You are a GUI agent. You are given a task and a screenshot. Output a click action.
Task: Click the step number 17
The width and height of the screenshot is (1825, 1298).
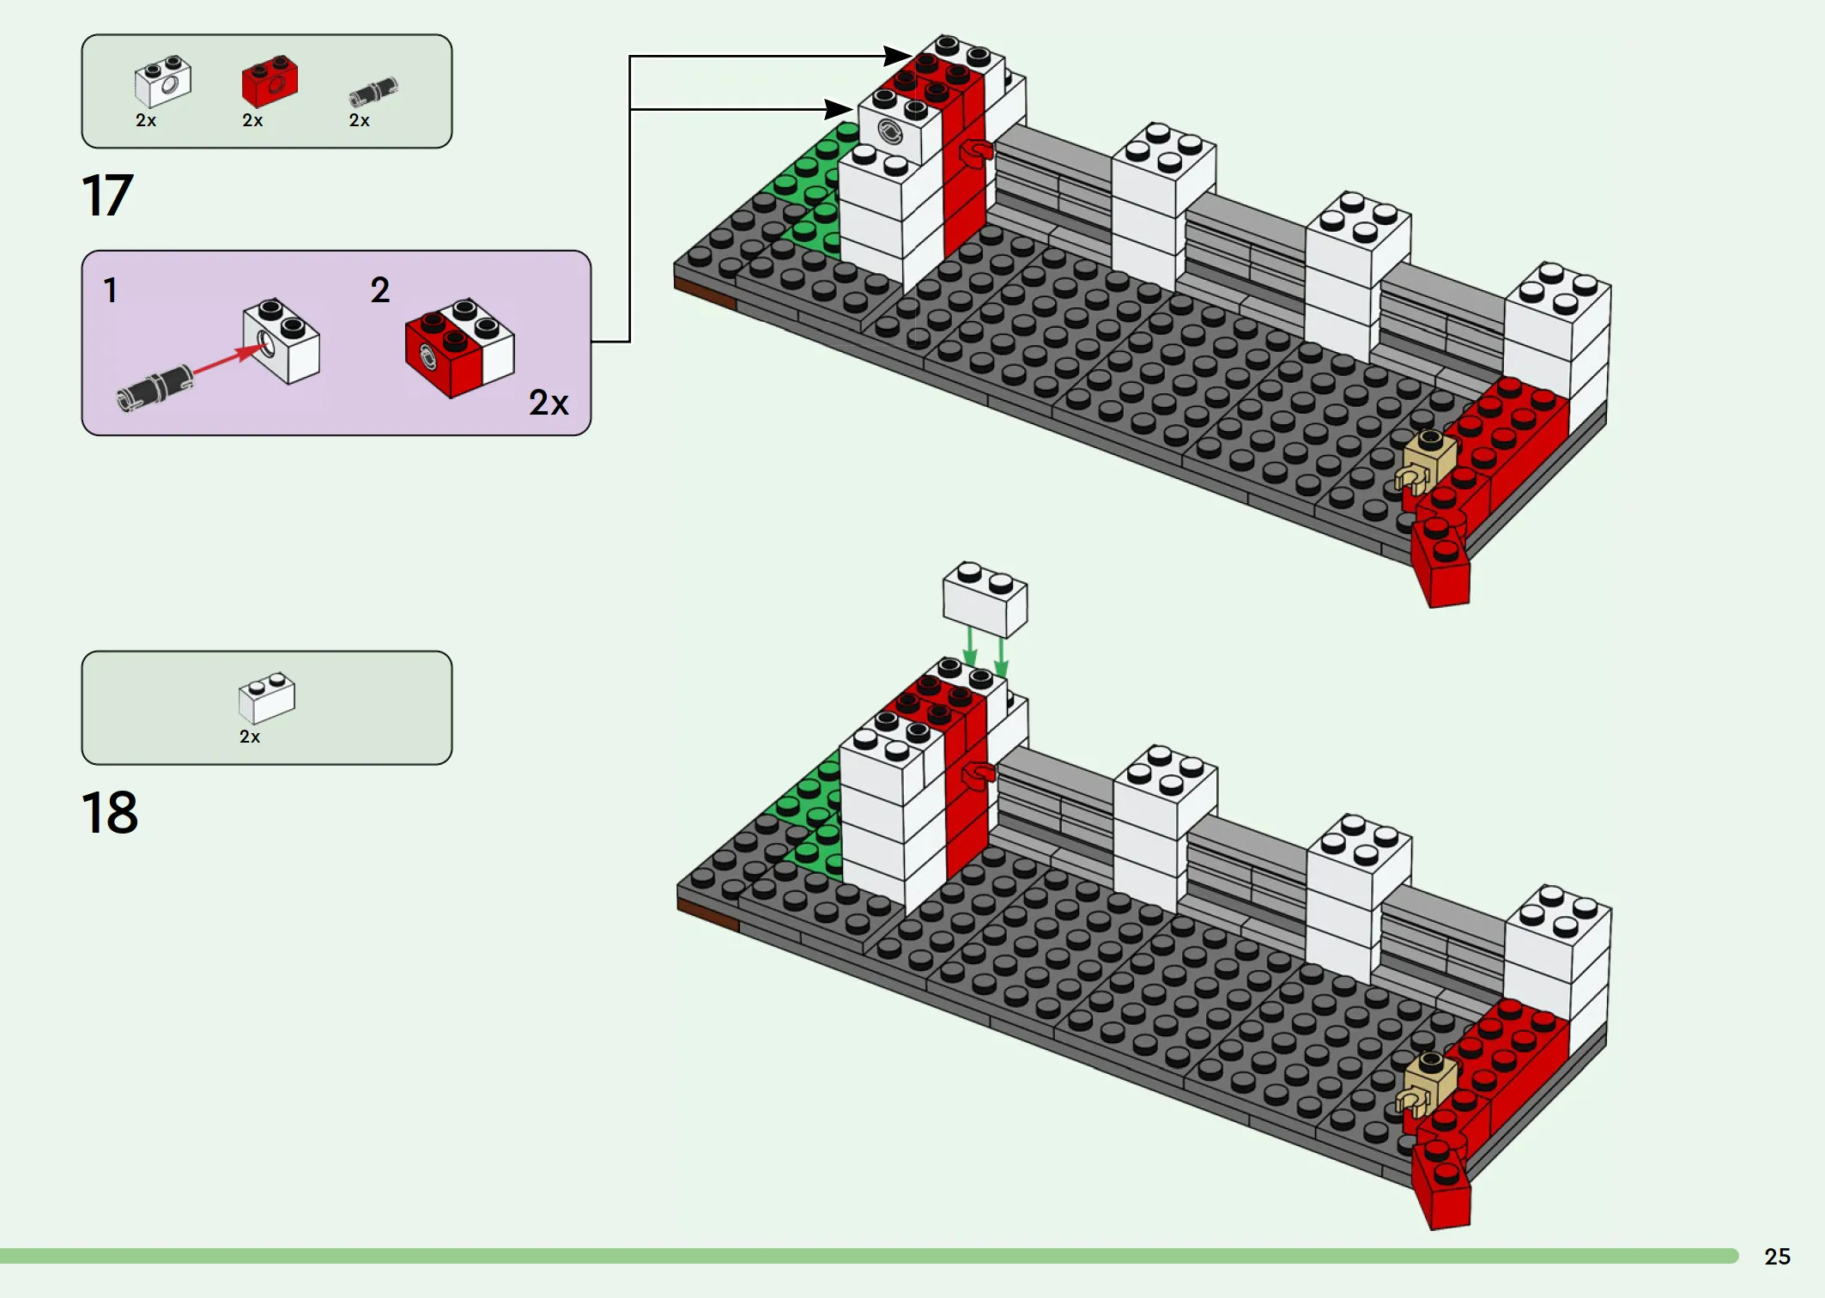[x=107, y=195]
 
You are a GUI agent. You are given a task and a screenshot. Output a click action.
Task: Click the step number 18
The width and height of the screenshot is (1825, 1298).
[x=110, y=812]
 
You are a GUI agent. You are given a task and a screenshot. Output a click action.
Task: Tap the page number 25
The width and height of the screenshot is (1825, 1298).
[x=1777, y=1257]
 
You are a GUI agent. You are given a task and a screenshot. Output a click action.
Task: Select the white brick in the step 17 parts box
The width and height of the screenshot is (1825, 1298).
[x=163, y=82]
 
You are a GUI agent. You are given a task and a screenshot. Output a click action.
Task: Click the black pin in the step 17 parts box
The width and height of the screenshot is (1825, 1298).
[x=373, y=91]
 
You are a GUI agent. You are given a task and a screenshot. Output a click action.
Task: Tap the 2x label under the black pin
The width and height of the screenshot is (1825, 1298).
[x=359, y=121]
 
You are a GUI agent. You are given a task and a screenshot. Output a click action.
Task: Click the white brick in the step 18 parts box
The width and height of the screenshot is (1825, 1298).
[x=267, y=698]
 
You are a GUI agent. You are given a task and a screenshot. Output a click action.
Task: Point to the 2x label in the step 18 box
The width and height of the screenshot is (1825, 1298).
[x=250, y=737]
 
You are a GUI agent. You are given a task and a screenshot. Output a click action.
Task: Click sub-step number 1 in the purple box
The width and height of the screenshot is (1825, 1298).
[x=110, y=290]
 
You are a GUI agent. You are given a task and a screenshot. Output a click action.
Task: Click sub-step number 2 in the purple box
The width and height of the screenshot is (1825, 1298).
[x=380, y=290]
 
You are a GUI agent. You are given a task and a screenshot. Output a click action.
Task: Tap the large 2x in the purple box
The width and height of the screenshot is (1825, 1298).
[x=549, y=403]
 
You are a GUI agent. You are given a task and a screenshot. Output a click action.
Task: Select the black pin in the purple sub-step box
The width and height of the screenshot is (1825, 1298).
[x=155, y=387]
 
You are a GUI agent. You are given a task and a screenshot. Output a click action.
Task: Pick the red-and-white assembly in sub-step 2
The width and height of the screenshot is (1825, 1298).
[x=459, y=348]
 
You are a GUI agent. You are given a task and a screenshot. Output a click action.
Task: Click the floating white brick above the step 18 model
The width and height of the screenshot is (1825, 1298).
[x=985, y=599]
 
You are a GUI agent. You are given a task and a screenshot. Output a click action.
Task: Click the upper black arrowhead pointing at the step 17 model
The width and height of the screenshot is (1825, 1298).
[x=898, y=56]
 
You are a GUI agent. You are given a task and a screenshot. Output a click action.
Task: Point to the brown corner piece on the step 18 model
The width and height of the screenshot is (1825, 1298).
[x=708, y=914]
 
